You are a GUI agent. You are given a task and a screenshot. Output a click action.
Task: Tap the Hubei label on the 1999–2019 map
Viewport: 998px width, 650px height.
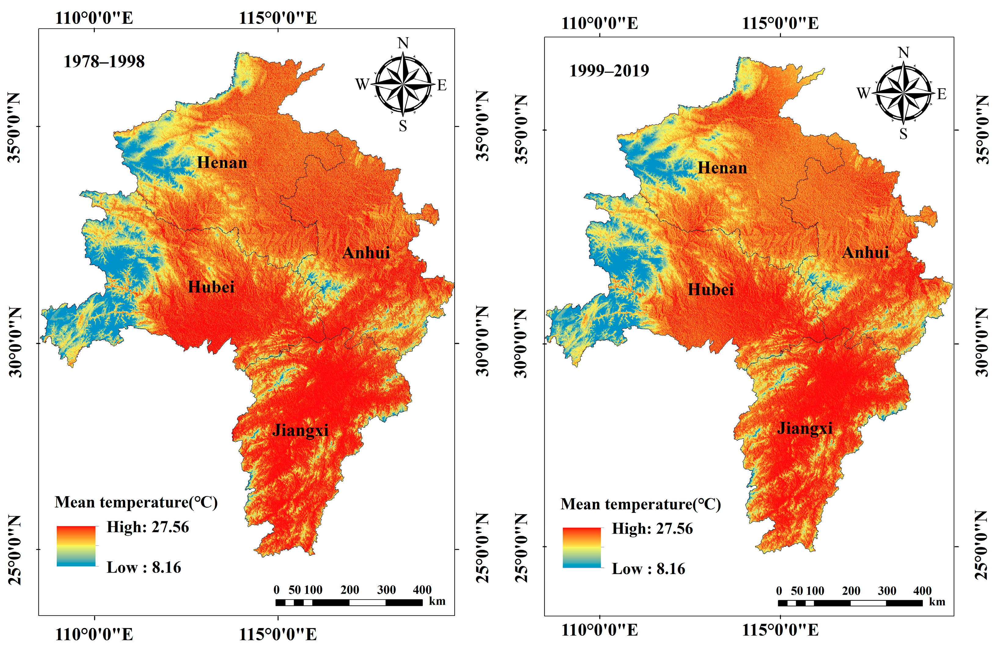point(711,290)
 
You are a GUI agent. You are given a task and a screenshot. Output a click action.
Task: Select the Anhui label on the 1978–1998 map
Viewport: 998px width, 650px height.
point(366,253)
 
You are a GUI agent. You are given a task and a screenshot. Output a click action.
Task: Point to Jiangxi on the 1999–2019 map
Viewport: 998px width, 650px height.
point(805,428)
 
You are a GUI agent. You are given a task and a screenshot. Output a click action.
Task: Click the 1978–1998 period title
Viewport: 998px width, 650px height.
point(104,62)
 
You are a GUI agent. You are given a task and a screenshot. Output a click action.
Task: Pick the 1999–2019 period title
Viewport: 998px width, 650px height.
point(609,71)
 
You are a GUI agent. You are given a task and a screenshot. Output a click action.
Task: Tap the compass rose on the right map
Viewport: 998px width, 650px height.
point(903,92)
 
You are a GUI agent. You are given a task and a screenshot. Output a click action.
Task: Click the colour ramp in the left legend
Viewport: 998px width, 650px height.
point(76,546)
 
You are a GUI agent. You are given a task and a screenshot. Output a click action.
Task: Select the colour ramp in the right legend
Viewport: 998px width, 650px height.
point(582,548)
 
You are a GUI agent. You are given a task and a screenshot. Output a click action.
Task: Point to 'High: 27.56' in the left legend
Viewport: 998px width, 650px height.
point(148,527)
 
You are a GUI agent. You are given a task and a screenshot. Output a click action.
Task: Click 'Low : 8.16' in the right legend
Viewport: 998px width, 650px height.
point(648,569)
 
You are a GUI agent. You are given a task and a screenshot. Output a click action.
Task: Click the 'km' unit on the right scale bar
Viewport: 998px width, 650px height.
point(937,602)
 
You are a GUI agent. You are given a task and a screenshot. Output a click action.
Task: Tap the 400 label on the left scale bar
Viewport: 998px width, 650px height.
point(422,590)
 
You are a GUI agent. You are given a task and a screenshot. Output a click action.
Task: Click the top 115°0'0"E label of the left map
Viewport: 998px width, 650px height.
point(278,18)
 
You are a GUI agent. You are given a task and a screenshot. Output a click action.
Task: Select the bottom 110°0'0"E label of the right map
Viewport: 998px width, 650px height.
point(600,630)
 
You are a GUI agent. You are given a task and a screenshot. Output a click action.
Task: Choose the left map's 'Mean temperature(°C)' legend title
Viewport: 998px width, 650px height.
point(136,503)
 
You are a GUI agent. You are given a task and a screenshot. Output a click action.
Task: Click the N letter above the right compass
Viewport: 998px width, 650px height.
point(904,53)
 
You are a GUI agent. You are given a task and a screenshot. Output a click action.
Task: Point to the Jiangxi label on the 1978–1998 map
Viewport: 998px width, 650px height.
point(300,430)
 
